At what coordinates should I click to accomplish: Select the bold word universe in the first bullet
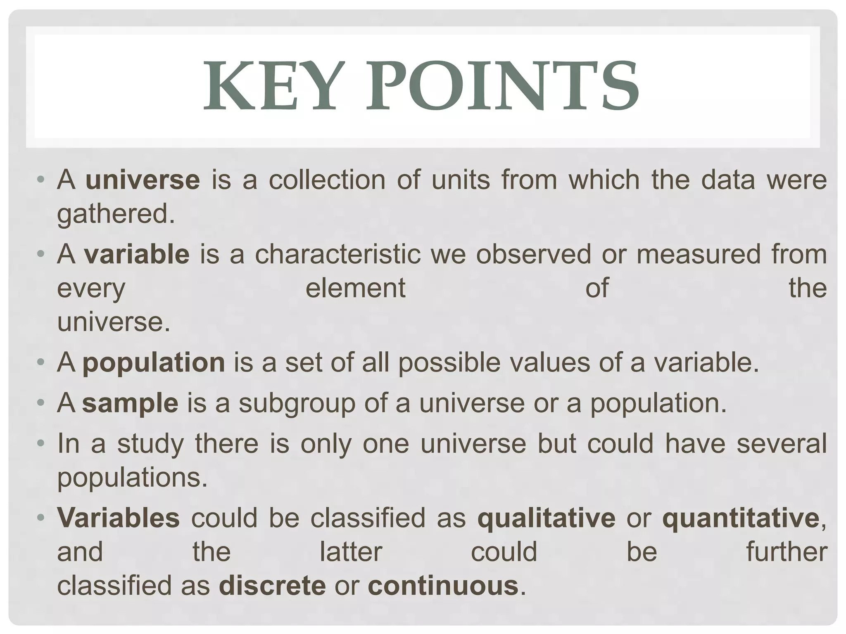pos(143,180)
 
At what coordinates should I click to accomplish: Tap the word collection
pos(327,180)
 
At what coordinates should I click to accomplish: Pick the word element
pos(355,288)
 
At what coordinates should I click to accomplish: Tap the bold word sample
pos(130,403)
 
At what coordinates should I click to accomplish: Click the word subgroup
pos(297,404)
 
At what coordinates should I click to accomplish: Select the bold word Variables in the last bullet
pos(118,518)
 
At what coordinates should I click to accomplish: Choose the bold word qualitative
pos(546,518)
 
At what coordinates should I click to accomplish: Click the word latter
pos(351,551)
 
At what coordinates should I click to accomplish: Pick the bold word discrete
pos(272,585)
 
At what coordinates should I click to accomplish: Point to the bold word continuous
pos(443,585)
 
